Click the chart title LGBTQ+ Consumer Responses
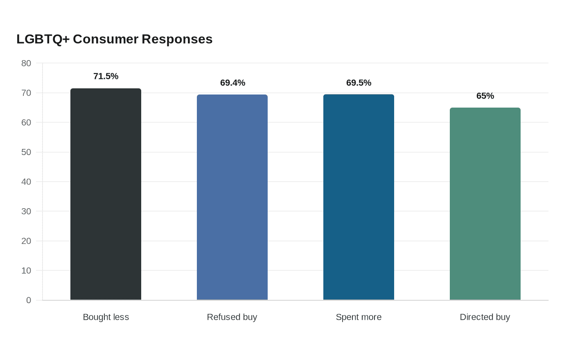(x=114, y=39)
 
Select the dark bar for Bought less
(x=106, y=194)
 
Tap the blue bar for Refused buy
(x=232, y=197)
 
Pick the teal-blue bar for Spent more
(x=359, y=197)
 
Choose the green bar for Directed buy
(x=485, y=204)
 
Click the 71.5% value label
(x=106, y=76)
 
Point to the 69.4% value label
(x=232, y=83)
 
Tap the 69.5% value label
(x=359, y=83)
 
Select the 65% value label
(x=485, y=96)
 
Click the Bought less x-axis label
(x=106, y=317)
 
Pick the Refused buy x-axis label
(x=232, y=317)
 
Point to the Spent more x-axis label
(x=359, y=317)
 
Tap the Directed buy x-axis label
(x=485, y=317)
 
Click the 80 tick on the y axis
(x=26, y=63)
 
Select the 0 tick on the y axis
(x=29, y=300)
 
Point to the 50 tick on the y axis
(x=26, y=152)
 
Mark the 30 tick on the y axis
(x=26, y=211)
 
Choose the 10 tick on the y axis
(x=26, y=270)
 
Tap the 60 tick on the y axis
(x=26, y=122)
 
